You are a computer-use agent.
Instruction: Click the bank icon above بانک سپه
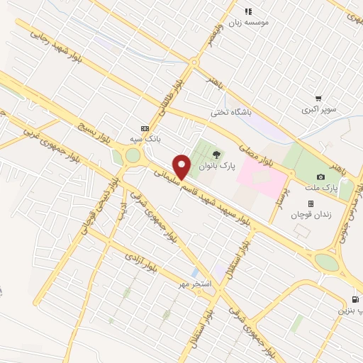click(145, 128)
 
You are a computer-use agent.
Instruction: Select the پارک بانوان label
click(216, 165)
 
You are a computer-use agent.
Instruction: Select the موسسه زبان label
click(247, 23)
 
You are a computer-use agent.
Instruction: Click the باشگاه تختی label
click(230, 111)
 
